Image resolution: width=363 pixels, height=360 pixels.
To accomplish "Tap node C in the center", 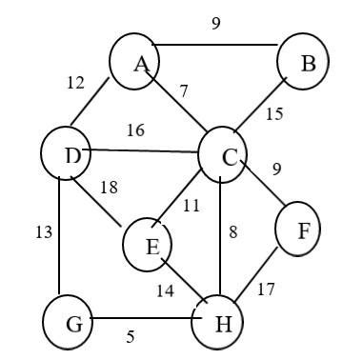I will [x=225, y=156].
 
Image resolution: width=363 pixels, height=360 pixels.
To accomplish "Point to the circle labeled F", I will [x=298, y=230].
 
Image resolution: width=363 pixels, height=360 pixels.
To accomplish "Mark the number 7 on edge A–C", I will [x=184, y=91].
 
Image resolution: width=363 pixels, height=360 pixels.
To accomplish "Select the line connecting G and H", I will [x=143, y=321].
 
